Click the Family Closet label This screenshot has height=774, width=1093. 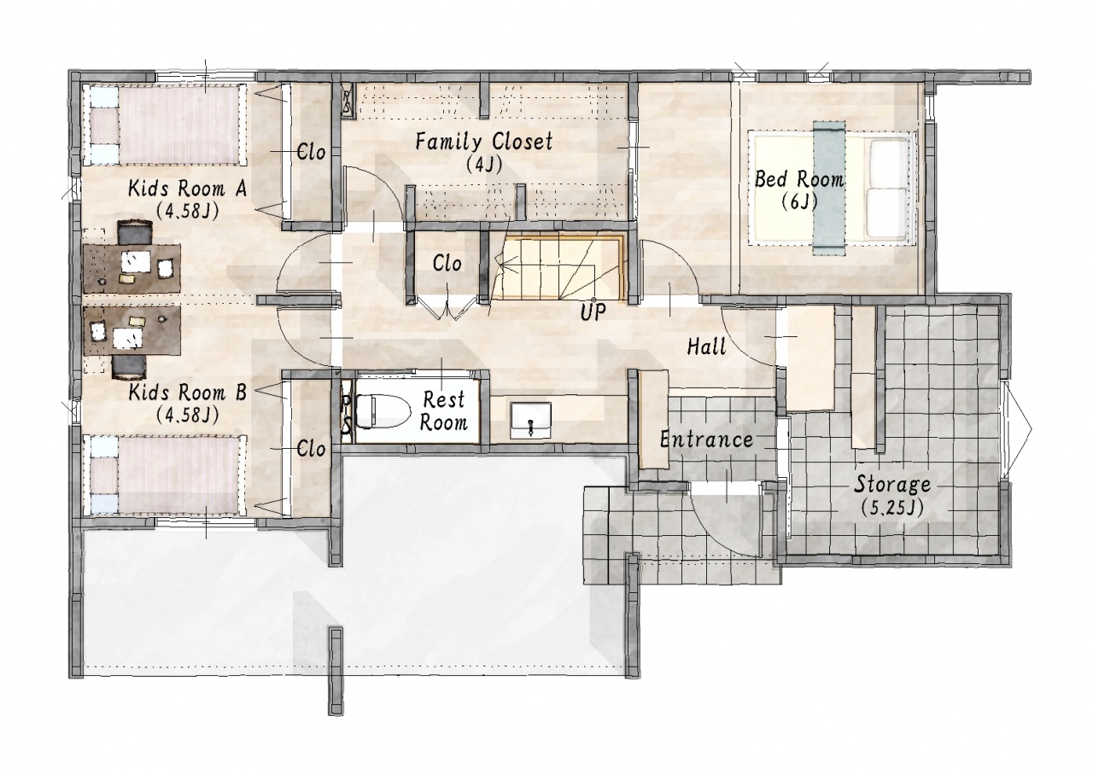[x=483, y=142]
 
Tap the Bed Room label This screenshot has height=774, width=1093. [x=798, y=179]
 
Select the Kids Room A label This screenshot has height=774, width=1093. [x=187, y=189]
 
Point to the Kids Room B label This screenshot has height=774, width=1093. [x=187, y=393]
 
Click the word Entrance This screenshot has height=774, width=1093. [x=706, y=440]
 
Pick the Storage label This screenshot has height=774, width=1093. [x=892, y=485]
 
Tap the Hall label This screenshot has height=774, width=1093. [x=706, y=346]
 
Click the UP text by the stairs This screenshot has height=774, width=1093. [x=593, y=311]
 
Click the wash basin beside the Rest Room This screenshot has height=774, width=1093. [x=531, y=421]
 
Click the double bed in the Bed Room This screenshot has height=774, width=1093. [x=831, y=187]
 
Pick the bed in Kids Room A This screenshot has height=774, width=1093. [x=165, y=125]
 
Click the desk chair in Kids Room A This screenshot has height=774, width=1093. [x=135, y=232]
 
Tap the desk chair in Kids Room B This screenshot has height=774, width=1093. [x=129, y=367]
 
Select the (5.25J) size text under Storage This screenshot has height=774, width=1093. [x=892, y=509]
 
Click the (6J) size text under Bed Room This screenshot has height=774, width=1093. [x=798, y=201]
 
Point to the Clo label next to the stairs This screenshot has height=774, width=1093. [x=447, y=264]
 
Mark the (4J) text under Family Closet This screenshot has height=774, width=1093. [x=483, y=165]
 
